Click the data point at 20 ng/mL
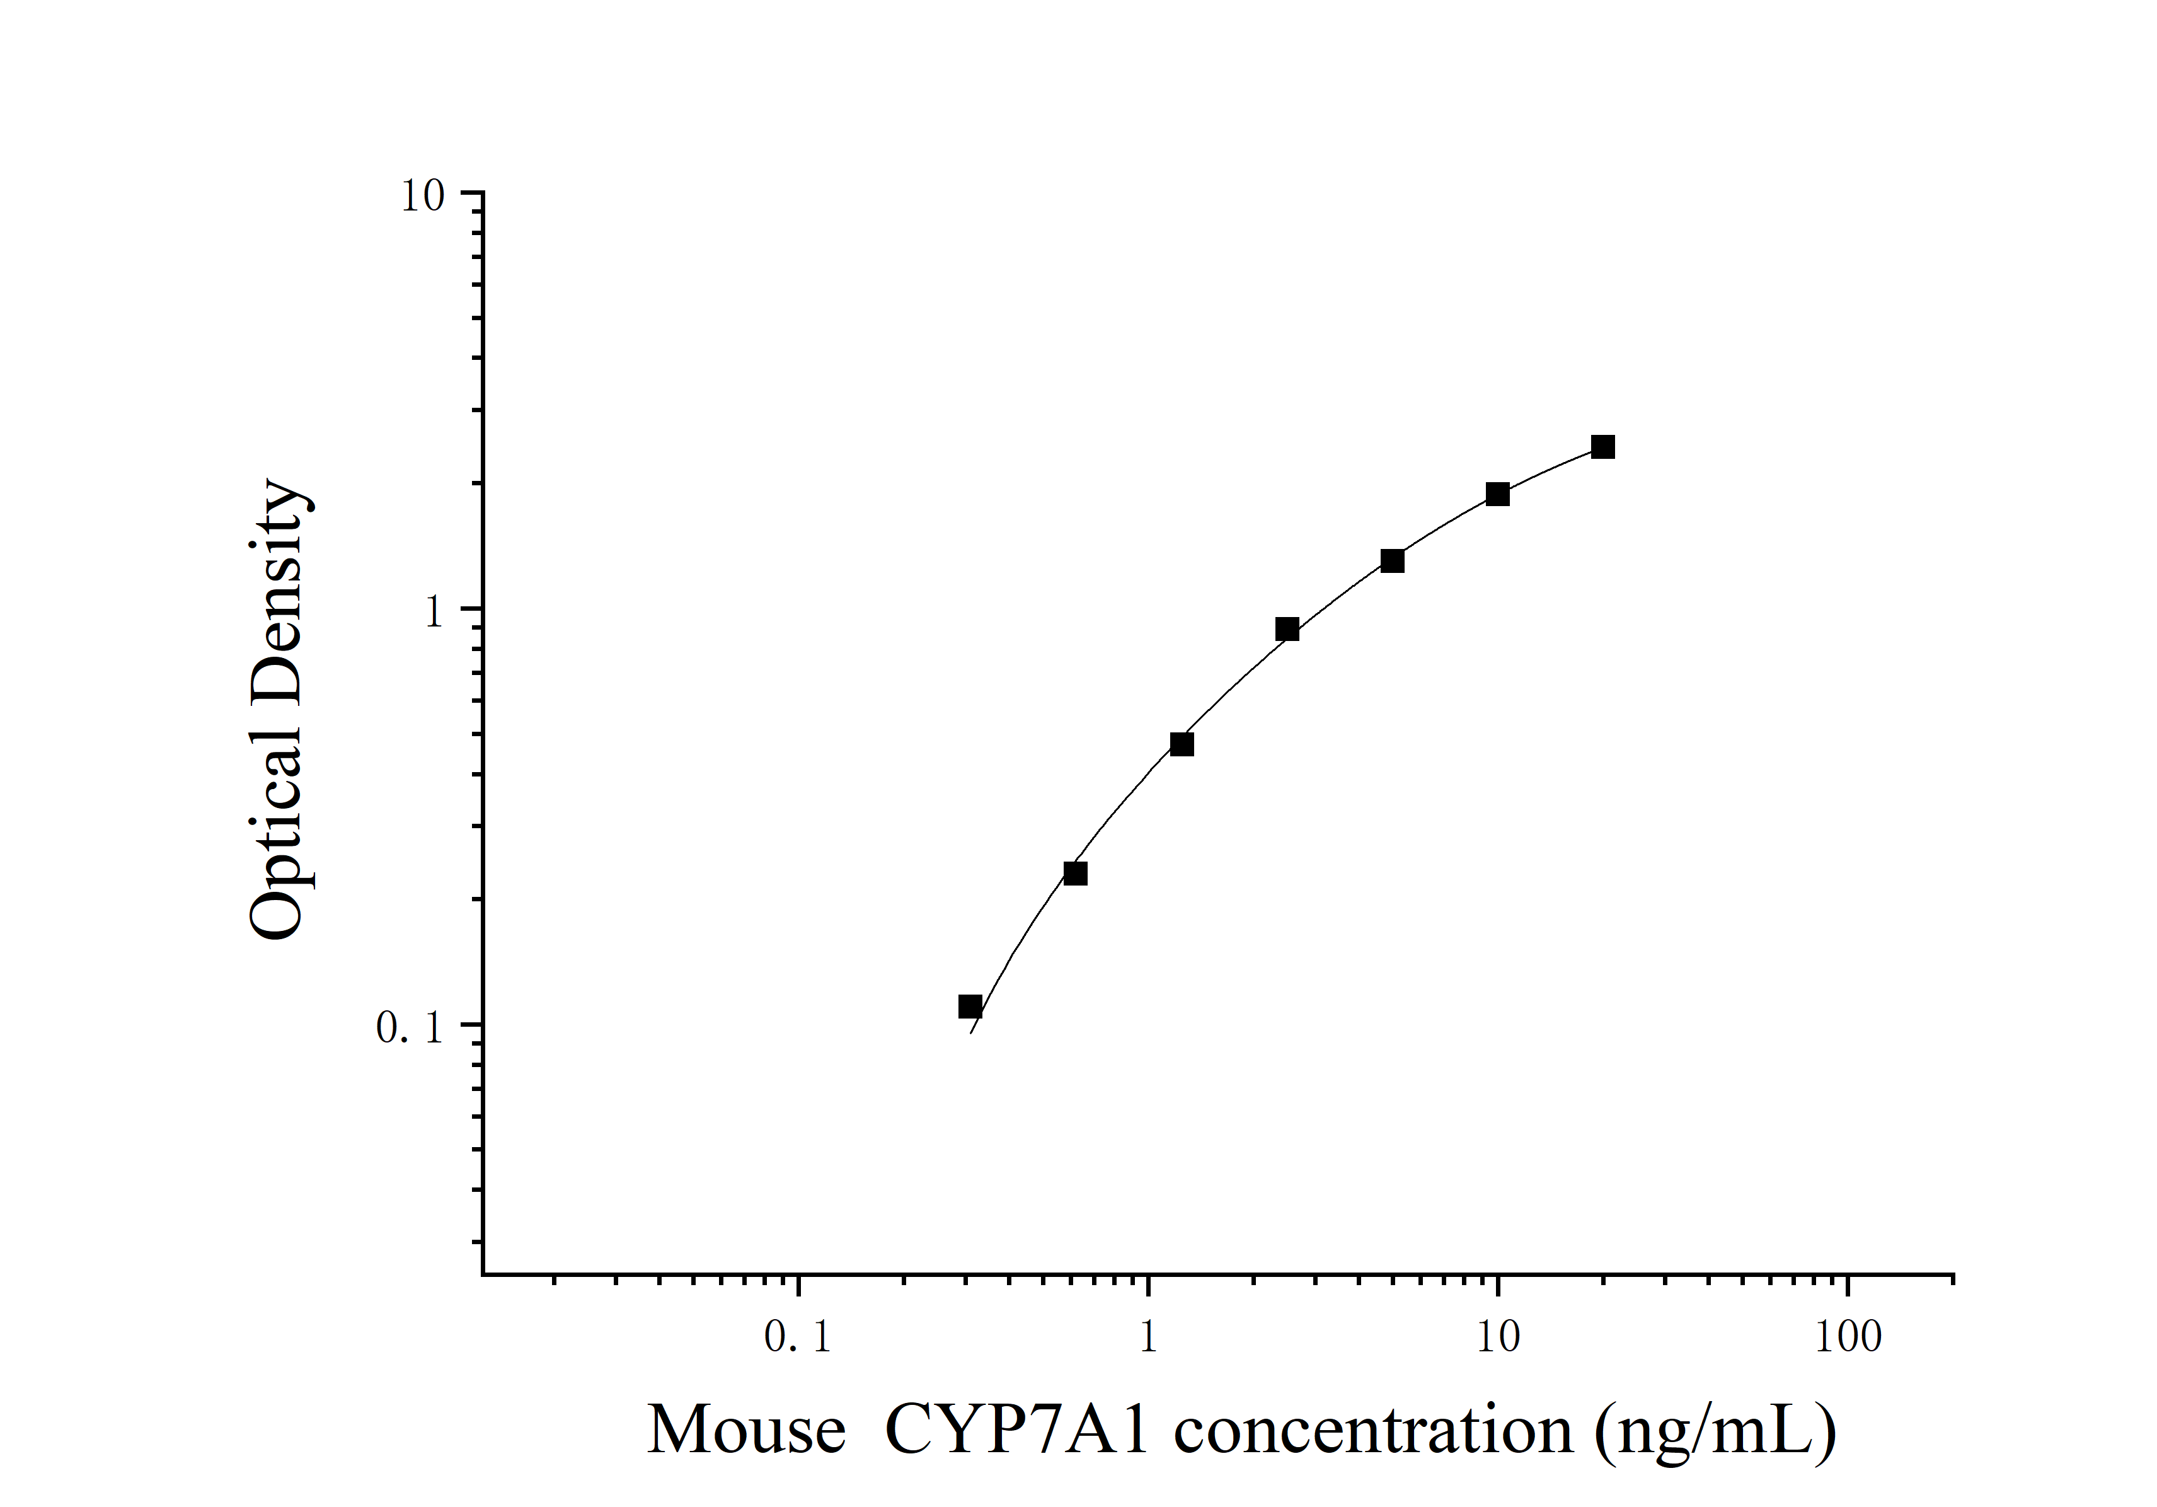pos(1602,447)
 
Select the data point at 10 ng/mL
pos(1497,494)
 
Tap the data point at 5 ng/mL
pos(1392,561)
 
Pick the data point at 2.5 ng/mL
pos(1287,630)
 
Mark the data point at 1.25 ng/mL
pos(1182,744)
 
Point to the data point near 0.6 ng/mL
pos(1076,874)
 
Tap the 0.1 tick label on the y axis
pos(409,1028)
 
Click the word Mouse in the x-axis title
pos(746,1431)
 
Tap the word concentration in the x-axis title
pos(1374,1431)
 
